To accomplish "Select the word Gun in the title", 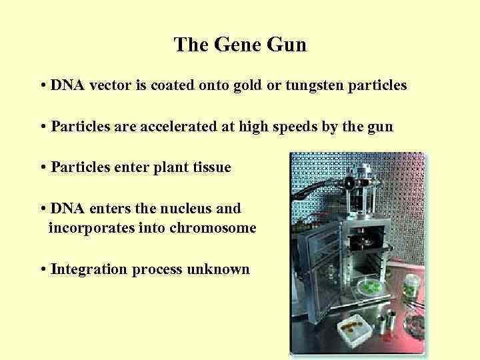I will (287, 45).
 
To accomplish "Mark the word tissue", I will (210, 167).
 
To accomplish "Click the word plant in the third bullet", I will (171, 167).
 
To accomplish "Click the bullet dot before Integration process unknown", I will (43, 269).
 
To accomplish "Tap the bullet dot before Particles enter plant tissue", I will (43, 167).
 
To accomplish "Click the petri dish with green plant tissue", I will (370, 287).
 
